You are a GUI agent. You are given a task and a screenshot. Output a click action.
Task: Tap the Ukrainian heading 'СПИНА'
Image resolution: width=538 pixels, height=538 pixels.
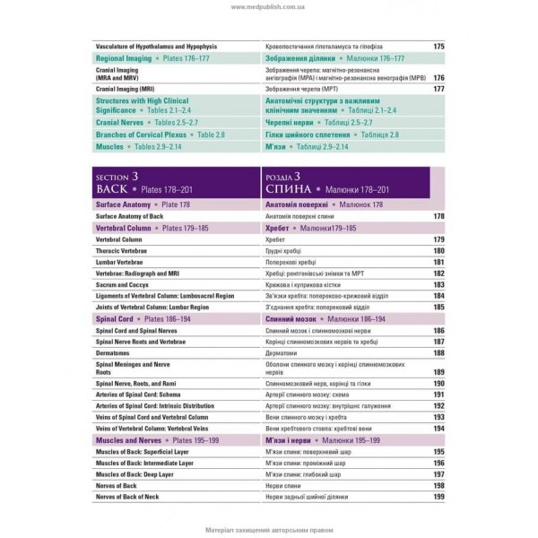click(289, 191)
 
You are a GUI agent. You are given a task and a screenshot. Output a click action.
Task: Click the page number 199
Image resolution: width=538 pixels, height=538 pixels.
click(438, 497)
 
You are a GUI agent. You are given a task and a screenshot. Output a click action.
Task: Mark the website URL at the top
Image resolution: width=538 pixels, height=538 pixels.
click(268, 7)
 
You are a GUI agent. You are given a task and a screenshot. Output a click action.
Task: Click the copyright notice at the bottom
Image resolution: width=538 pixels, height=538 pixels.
click(268, 526)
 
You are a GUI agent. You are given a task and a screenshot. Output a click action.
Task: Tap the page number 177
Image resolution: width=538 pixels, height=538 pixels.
click(438, 90)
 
